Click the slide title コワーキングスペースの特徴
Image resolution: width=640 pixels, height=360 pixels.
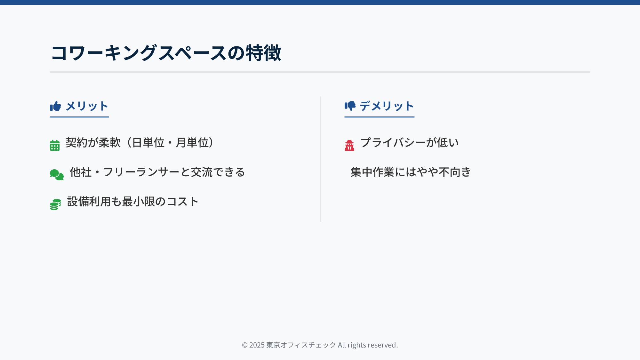[166, 53]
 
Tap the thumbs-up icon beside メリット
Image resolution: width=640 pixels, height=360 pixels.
[55, 106]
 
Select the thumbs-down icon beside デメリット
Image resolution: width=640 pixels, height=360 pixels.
[350, 106]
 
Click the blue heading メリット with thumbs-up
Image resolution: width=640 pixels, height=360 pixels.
[79, 106]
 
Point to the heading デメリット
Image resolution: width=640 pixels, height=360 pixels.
[387, 106]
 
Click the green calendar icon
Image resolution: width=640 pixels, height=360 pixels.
[55, 145]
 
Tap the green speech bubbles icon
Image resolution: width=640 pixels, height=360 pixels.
[57, 175]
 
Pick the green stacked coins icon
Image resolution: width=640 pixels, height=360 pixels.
[55, 204]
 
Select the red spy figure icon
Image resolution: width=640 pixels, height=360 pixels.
[349, 145]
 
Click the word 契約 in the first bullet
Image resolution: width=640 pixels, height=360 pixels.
[76, 143]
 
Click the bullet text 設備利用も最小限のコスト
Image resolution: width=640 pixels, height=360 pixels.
[133, 202]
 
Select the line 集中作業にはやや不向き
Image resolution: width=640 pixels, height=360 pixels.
[411, 172]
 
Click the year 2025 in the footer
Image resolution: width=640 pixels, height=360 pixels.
[257, 345]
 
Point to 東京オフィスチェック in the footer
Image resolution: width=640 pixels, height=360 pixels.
[301, 345]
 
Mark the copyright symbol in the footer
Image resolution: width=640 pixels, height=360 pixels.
[245, 345]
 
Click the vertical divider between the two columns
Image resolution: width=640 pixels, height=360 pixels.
[320, 159]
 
